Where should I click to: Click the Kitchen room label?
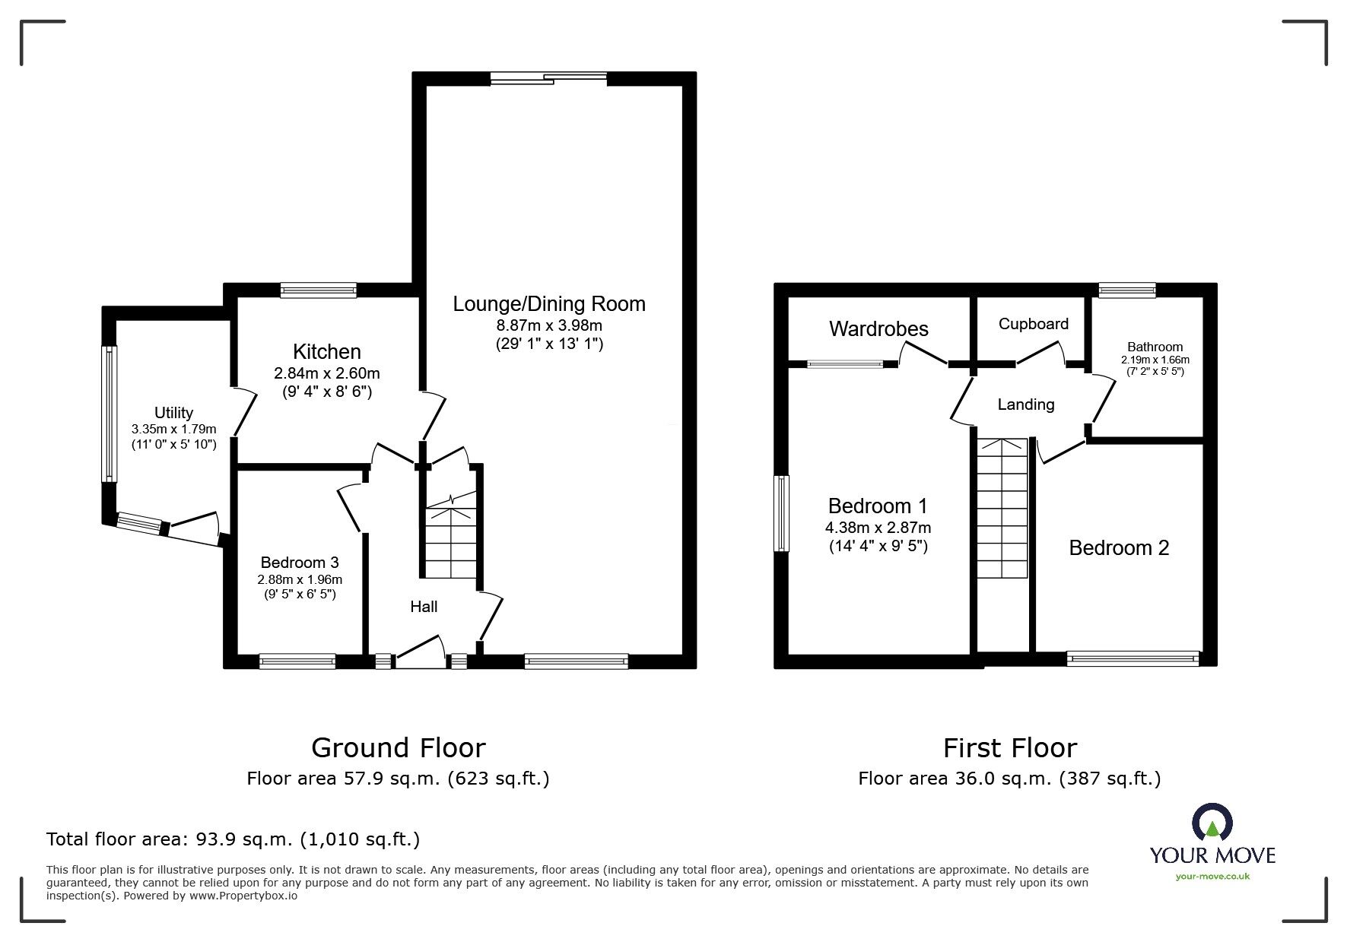326,352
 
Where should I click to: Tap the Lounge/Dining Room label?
548,304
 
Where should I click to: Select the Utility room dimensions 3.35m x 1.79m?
173,430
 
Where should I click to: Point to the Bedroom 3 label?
299,563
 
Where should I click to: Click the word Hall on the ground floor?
424,607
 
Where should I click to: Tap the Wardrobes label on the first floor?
878,329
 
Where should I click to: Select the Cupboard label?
1033,324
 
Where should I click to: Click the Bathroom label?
1155,347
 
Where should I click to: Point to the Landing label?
1025,404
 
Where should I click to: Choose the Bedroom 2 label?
1119,548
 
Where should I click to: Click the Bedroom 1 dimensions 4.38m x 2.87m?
878,528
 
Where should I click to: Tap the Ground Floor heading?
398,748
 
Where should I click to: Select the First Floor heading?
1009,748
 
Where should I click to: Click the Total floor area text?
233,839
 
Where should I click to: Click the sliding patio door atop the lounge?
548,77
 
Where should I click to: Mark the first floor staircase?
1002,509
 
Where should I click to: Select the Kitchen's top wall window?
318,290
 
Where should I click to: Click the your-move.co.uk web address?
1212,877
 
